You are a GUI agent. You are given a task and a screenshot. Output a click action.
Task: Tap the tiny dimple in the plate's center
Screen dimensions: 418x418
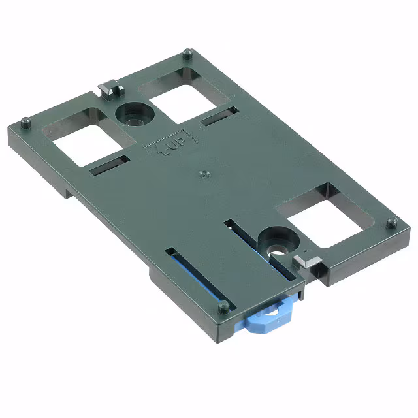204,174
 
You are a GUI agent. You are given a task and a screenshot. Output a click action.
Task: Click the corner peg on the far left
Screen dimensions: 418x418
26,121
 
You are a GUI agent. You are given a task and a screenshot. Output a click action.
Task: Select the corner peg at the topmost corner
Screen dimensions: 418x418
187,52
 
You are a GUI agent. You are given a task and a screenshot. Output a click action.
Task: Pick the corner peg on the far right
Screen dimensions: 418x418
391,223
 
